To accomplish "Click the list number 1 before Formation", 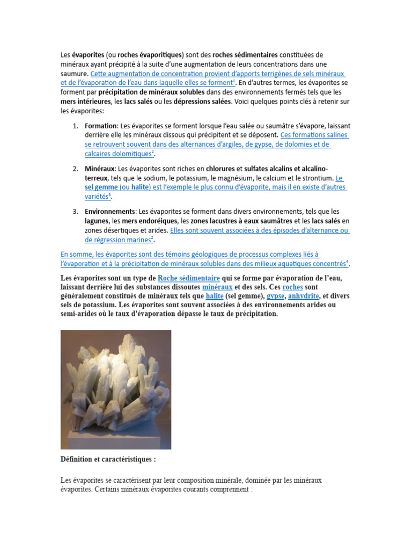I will (x=75, y=125).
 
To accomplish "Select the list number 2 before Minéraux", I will (x=75, y=169).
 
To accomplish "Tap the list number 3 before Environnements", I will (x=75, y=212).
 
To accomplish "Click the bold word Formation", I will (x=100, y=125).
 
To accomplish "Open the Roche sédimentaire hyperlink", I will (x=189, y=278).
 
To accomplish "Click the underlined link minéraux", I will (x=217, y=287).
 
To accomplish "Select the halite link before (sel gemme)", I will (x=199, y=296).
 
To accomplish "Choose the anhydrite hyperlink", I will (x=304, y=296).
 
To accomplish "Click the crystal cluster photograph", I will (x=116, y=389).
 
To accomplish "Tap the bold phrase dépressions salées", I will (x=202, y=101).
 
